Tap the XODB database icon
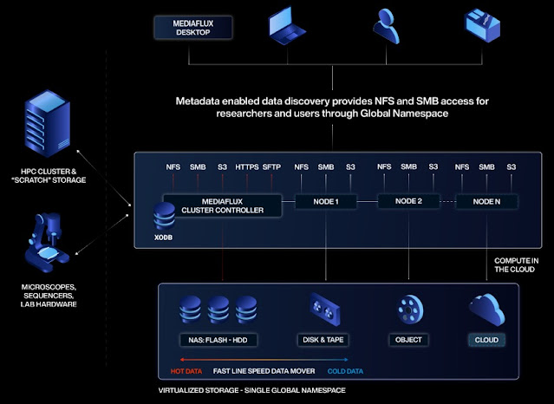pyautogui.click(x=163, y=215)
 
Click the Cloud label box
pyautogui.click(x=486, y=339)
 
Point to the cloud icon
pyautogui.click(x=486, y=307)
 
